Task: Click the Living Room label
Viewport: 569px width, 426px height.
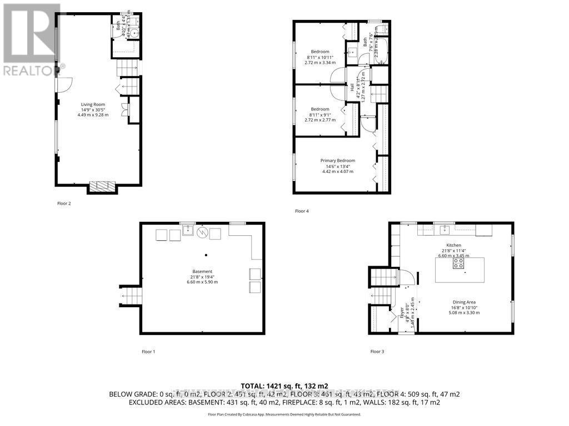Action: point(93,104)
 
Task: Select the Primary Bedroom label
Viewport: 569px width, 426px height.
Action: point(337,160)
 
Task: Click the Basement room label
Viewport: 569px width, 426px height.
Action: point(203,271)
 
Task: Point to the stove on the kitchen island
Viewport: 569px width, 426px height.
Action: point(459,264)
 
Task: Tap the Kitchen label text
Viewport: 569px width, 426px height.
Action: point(454,245)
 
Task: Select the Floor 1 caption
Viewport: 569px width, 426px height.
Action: point(148,351)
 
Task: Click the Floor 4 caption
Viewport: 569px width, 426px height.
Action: point(302,211)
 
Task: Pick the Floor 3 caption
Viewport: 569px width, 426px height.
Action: point(377,351)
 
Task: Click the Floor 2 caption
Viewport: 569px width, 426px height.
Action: point(64,204)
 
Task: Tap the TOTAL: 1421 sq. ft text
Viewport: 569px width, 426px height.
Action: point(284,385)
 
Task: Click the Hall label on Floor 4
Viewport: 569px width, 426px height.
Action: point(352,88)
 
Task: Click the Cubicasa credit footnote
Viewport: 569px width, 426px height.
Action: point(284,414)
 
